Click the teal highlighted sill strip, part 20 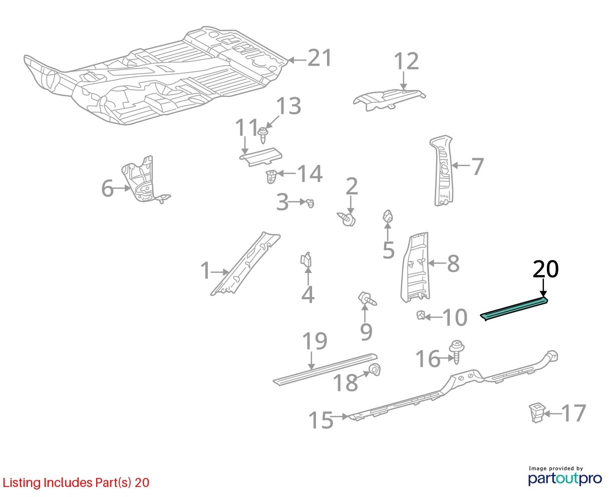[514, 309]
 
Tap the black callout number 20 [546, 269]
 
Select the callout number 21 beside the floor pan [320, 58]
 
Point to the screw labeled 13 [263, 136]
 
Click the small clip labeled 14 [270, 176]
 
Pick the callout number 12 [406, 61]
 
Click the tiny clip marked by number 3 [310, 203]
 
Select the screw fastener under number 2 [347, 219]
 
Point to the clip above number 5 [388, 216]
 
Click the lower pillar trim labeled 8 [415, 267]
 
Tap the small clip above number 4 [306, 259]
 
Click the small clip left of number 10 [421, 315]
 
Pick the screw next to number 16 [457, 352]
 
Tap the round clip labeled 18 [375, 369]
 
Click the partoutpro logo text [565, 478]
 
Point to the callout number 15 [321, 420]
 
